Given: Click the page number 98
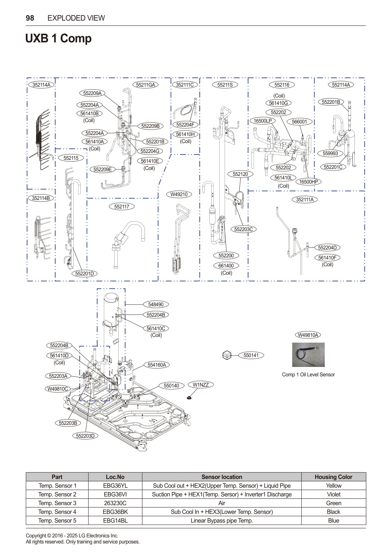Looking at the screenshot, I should click(x=30, y=18).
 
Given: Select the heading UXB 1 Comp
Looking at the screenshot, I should click(x=58, y=38).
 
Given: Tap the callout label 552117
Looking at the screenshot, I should click(x=122, y=207).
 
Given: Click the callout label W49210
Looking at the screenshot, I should click(x=179, y=195).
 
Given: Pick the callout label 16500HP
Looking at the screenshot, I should click(x=308, y=182).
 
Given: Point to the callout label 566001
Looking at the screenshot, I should click(x=299, y=122).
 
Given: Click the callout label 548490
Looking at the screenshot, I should click(x=156, y=304).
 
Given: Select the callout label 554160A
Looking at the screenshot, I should click(x=157, y=365).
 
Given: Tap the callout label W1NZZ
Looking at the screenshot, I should click(x=201, y=385).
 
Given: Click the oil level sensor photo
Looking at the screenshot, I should click(x=308, y=355).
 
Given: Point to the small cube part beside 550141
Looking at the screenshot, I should click(x=227, y=355).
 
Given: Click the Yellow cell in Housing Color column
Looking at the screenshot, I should click(x=334, y=486).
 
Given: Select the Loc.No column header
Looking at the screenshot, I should click(x=115, y=477).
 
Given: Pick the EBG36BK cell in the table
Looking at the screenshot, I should click(x=115, y=512).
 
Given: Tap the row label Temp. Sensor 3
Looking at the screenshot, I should click(x=57, y=503).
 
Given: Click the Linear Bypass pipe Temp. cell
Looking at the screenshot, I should click(x=222, y=520).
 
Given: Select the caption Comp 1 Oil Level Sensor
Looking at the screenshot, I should click(x=308, y=375).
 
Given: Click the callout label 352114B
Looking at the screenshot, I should click(x=41, y=198).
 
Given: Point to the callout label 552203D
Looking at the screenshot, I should click(x=85, y=436).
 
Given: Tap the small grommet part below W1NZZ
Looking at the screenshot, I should click(x=189, y=398).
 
